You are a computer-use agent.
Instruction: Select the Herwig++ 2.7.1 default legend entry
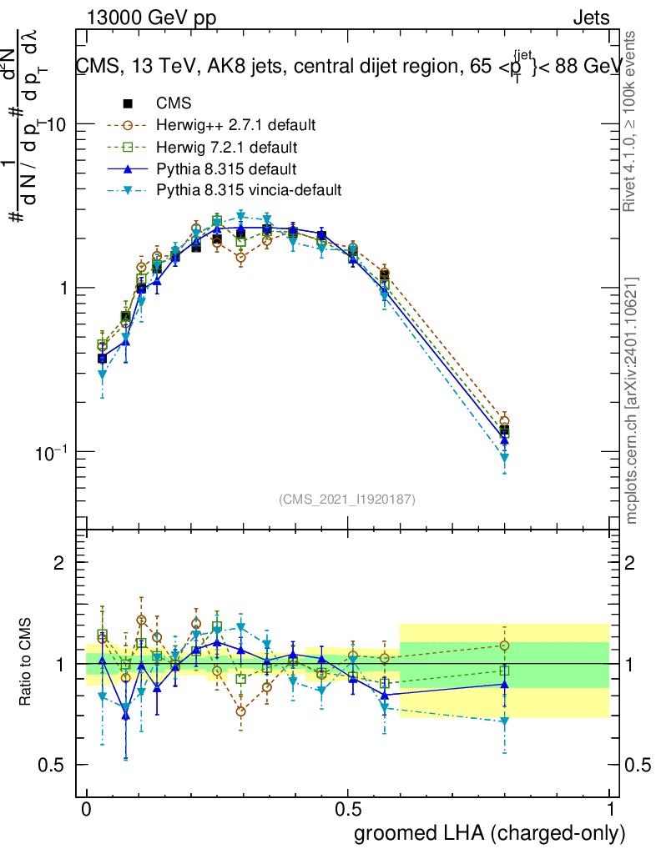point(235,126)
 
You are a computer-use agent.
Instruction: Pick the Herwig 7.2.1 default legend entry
point(227,148)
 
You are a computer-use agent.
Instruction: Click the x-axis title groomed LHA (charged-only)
point(490,833)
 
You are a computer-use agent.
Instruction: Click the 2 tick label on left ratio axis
point(59,563)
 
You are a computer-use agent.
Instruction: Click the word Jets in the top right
point(590,18)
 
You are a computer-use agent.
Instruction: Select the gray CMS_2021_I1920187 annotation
point(347,500)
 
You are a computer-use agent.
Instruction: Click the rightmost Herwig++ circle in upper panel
point(504,421)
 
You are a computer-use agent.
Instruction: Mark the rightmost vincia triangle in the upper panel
point(504,458)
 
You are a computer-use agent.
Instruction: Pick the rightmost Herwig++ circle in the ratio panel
point(504,646)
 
